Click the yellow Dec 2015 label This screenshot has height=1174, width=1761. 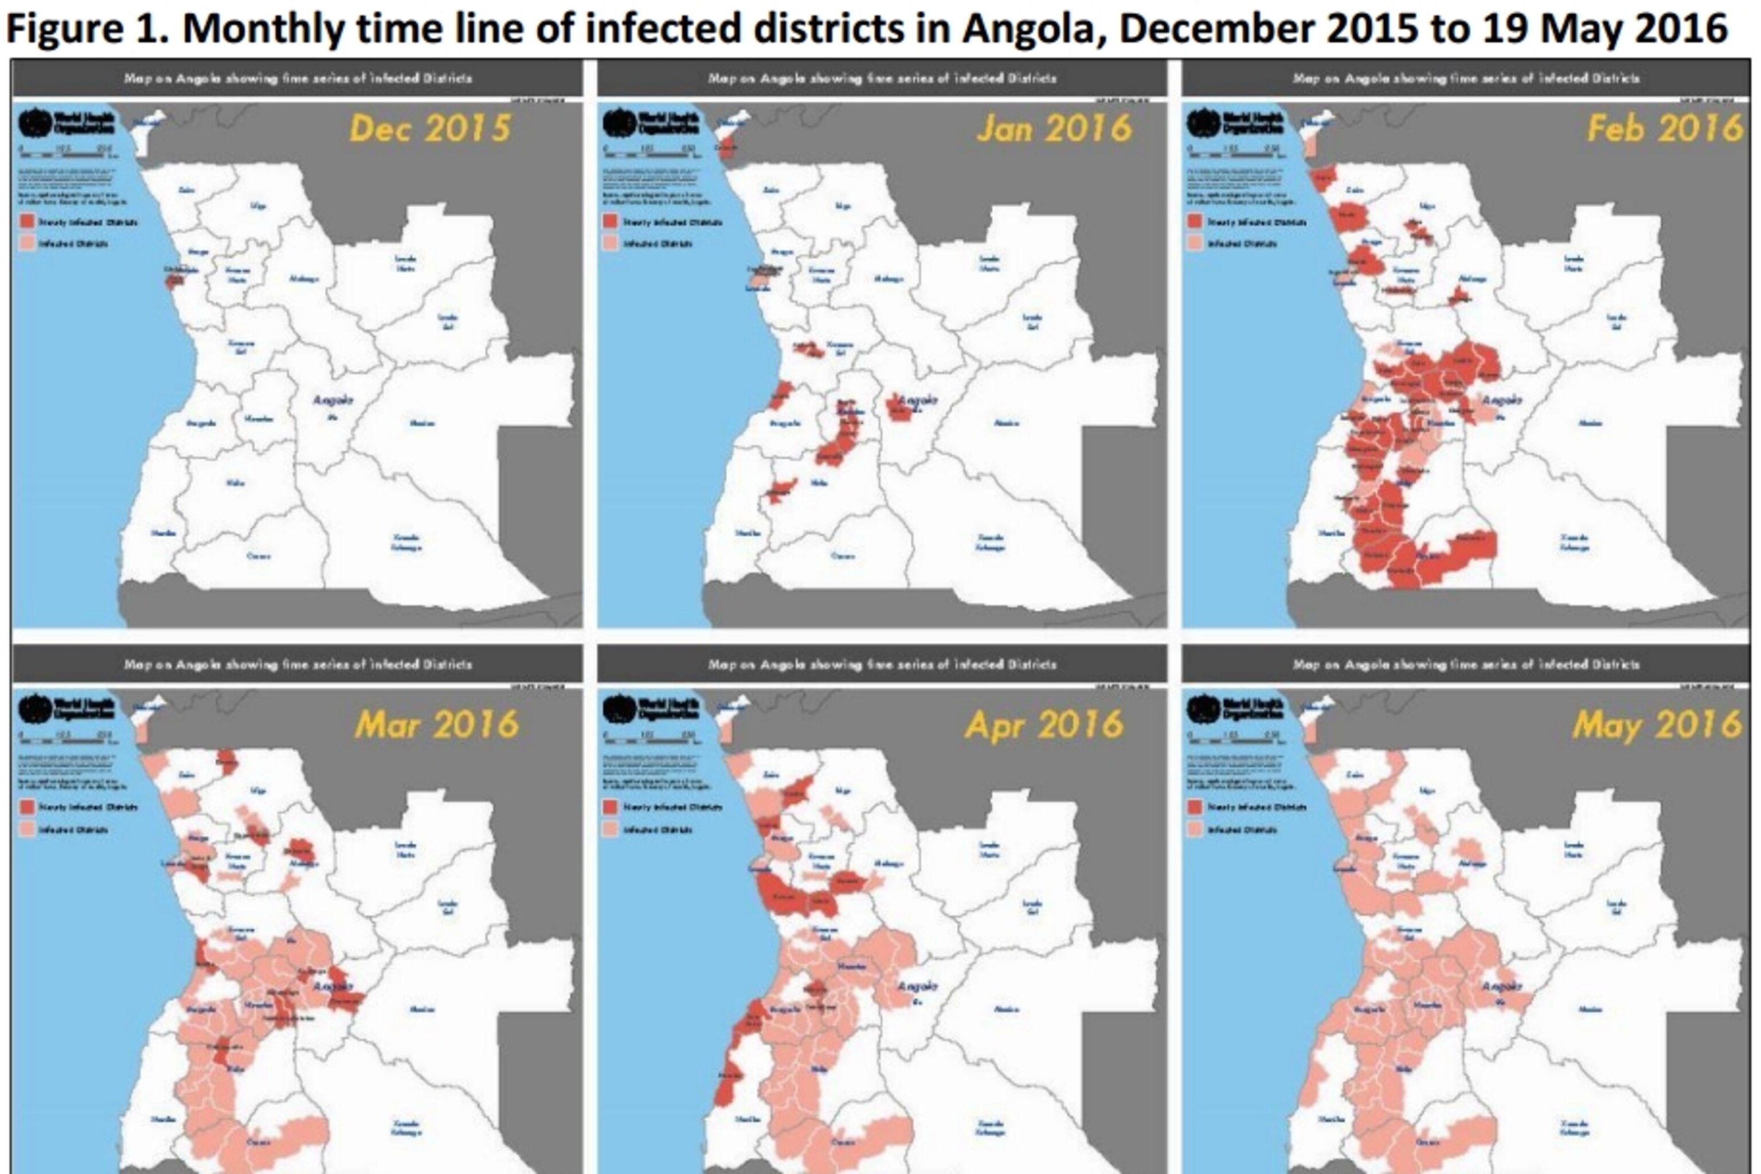tap(431, 129)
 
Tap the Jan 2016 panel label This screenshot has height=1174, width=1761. tap(1054, 129)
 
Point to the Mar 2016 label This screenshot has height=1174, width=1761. tap(437, 725)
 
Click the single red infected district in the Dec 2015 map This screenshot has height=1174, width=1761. tap(174, 282)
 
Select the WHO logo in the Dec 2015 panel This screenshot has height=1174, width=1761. tap(34, 122)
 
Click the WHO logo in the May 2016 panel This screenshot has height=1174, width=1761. tap(1203, 708)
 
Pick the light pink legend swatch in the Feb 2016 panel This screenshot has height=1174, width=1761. tap(1195, 243)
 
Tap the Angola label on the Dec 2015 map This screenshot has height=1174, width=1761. tap(332, 400)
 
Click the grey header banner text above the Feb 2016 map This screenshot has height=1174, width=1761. tap(1466, 78)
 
